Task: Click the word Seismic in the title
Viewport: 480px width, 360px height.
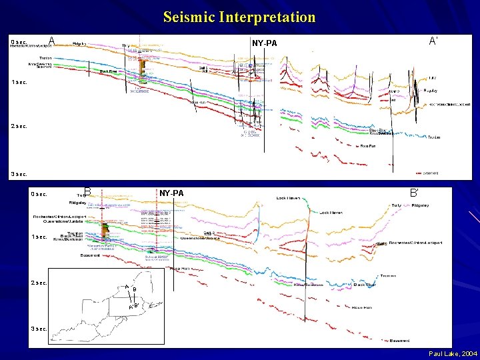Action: coord(189,17)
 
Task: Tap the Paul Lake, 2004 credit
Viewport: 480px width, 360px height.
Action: coord(453,352)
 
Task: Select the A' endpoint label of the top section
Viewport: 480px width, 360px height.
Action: coord(433,41)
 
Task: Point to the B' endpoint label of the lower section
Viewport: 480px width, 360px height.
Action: coord(414,193)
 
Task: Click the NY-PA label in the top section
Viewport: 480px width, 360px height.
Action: coord(264,43)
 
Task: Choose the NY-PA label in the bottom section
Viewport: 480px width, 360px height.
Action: coord(171,193)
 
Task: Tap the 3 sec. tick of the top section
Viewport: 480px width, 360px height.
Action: coord(18,174)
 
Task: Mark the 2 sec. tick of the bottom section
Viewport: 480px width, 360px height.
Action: coord(39,283)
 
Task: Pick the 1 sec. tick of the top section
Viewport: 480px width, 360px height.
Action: coord(18,82)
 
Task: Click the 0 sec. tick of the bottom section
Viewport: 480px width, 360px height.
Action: coord(39,194)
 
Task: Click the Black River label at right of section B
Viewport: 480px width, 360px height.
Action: coord(365,285)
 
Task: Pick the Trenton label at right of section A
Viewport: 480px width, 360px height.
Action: coord(434,137)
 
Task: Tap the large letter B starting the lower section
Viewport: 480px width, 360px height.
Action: coord(87,193)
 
